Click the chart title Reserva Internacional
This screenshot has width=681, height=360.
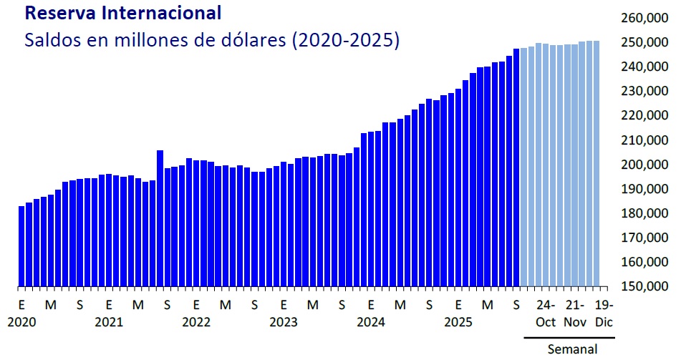click(122, 14)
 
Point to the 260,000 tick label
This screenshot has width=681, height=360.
click(642, 18)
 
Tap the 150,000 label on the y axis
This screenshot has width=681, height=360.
click(642, 287)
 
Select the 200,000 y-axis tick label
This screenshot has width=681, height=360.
click(642, 165)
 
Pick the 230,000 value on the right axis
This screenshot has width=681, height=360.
click(642, 91)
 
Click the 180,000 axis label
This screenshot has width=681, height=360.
click(642, 213)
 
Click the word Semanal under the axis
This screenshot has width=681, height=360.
click(572, 349)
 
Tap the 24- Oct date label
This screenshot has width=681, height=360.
click(546, 313)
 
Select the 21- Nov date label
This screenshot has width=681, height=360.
click(575, 313)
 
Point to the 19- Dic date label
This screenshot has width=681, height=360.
click(604, 313)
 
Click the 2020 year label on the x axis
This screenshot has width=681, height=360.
click(21, 322)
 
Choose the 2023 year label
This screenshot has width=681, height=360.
click(284, 322)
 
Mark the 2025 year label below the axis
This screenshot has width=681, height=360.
click(458, 322)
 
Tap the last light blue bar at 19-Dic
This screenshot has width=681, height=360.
click(597, 163)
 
